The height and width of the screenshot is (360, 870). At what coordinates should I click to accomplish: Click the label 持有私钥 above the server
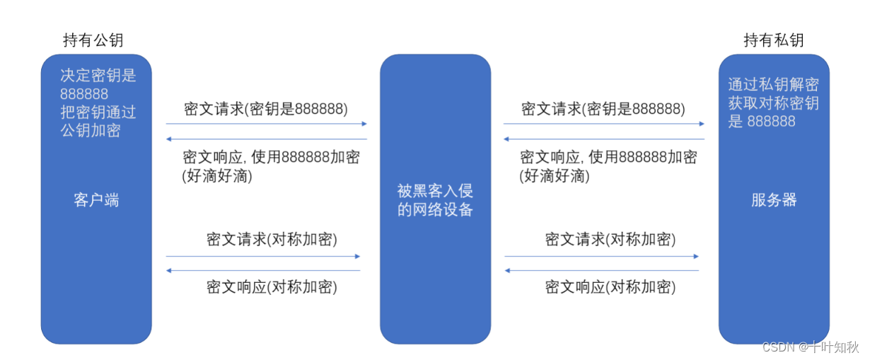[x=773, y=40]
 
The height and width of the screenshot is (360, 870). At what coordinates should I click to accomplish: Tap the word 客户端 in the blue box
[x=96, y=200]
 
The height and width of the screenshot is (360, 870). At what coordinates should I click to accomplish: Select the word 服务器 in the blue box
[x=774, y=200]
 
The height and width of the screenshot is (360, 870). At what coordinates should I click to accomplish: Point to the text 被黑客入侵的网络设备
[x=435, y=200]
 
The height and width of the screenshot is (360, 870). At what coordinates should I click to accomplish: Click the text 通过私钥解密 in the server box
[x=773, y=85]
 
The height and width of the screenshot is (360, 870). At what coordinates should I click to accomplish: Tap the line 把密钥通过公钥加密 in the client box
[x=98, y=121]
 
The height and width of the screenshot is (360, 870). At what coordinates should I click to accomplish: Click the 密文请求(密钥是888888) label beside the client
[x=266, y=109]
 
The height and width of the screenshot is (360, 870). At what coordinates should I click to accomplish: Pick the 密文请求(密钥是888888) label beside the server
[x=603, y=109]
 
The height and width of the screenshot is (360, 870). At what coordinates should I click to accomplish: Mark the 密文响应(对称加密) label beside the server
[x=610, y=287]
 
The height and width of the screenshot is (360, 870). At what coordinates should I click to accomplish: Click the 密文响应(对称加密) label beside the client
[x=272, y=287]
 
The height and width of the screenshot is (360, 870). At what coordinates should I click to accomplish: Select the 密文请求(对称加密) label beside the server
[x=610, y=238]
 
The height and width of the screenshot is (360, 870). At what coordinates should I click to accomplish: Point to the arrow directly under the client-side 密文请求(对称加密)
[x=263, y=256]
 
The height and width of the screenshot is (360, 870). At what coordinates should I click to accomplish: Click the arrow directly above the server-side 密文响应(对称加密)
[x=601, y=271]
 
